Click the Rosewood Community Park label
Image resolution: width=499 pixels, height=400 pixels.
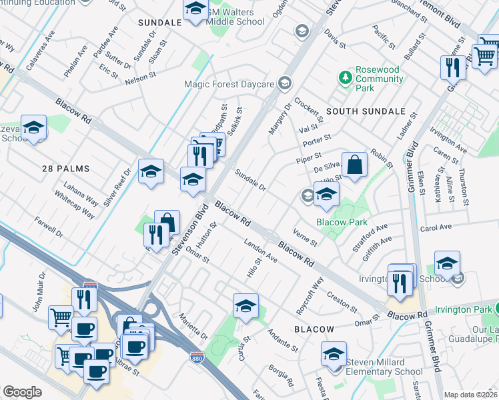[x=379, y=79]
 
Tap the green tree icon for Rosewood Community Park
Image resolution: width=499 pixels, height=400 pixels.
[x=345, y=78]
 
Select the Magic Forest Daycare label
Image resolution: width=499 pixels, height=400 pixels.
[x=229, y=84]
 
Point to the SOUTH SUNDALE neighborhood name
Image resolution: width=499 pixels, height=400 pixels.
[x=366, y=111]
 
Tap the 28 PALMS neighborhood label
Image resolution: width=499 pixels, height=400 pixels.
[x=65, y=169]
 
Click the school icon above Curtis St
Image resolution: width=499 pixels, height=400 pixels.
[x=245, y=307]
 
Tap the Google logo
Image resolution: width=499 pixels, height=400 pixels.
[x=22, y=392]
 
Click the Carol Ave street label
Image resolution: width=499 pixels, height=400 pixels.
[x=437, y=228]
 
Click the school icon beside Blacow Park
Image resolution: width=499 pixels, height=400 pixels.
[x=326, y=194]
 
